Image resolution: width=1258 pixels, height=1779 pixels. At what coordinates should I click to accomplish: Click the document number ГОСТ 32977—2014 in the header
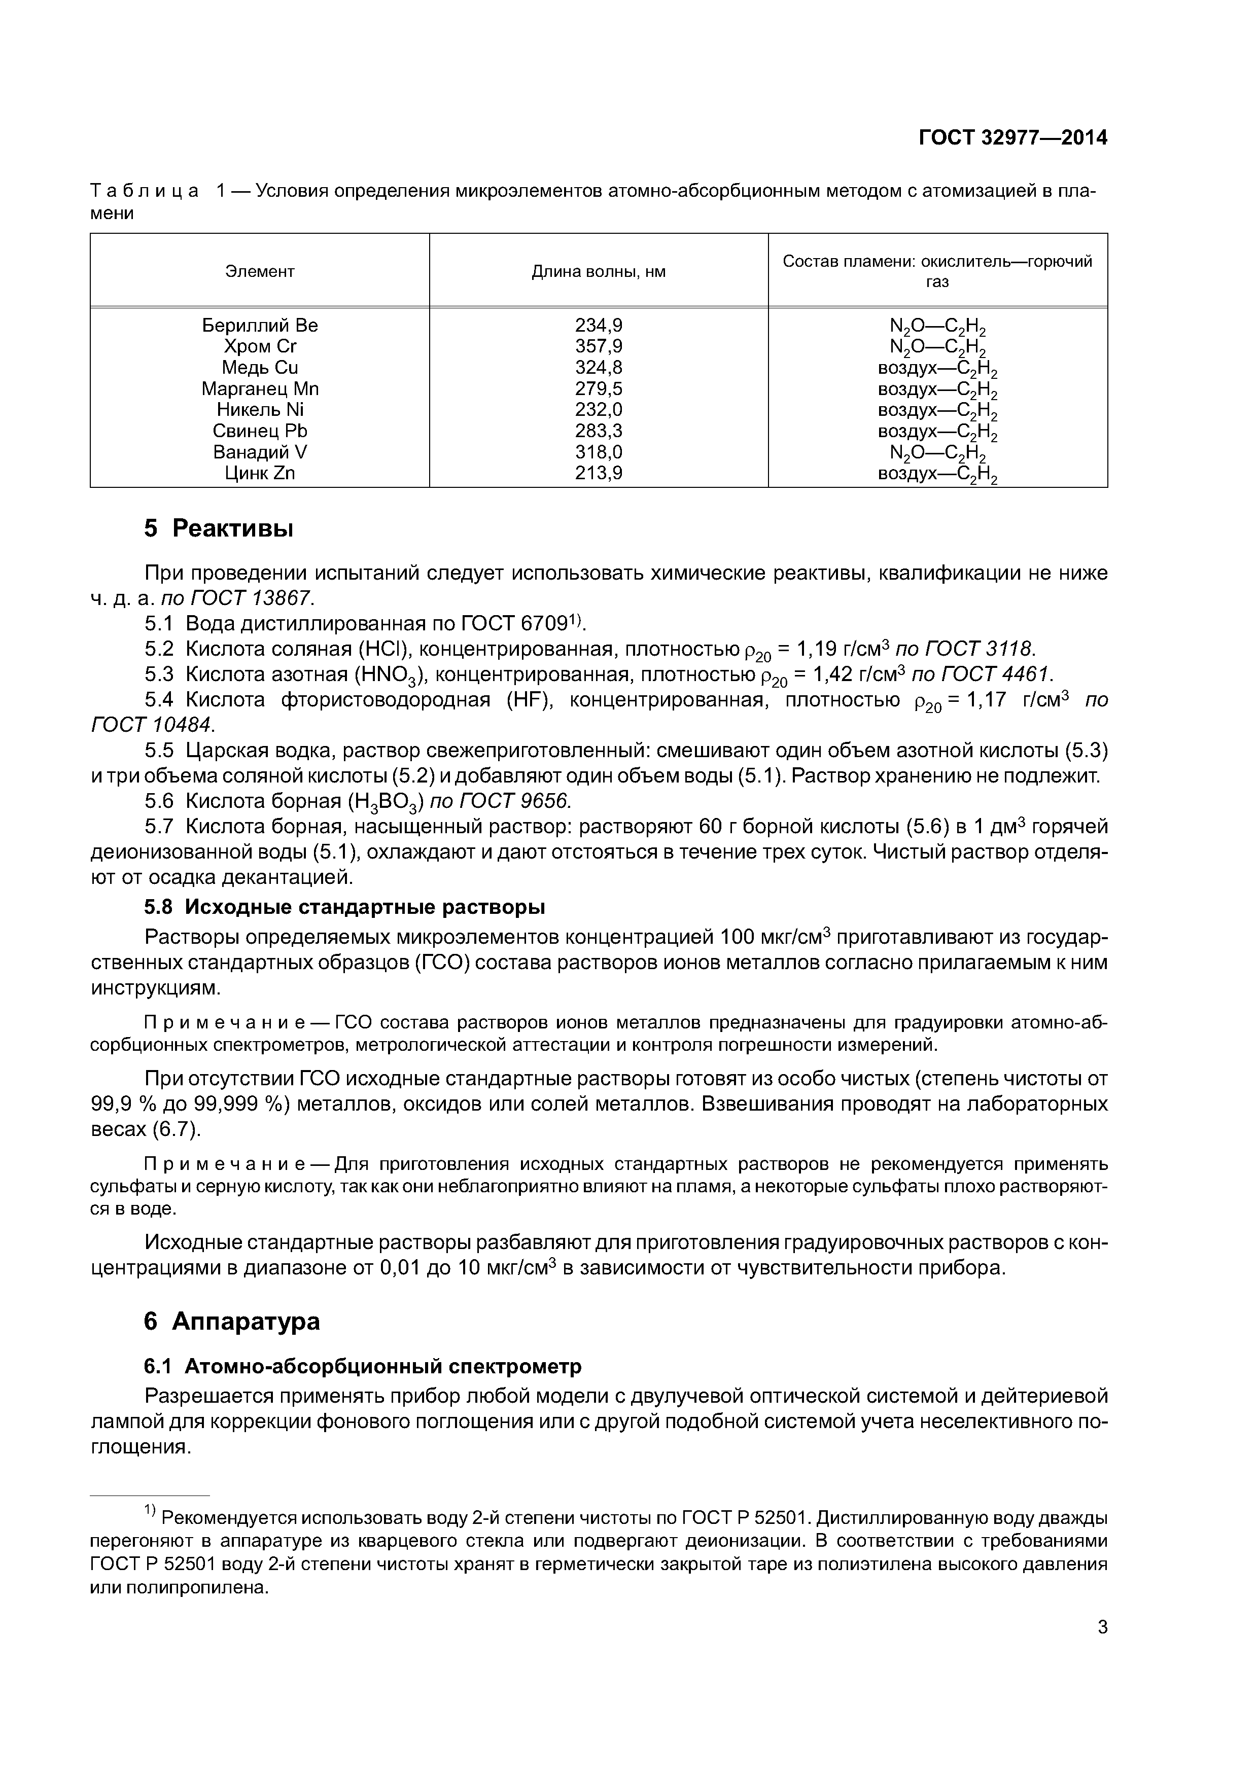(x=1012, y=138)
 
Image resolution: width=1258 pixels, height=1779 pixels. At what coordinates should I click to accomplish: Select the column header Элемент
(x=260, y=271)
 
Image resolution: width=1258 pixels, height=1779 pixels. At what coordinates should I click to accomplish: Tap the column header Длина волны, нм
(x=599, y=271)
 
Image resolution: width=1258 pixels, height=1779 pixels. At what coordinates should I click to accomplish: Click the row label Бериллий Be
(x=260, y=326)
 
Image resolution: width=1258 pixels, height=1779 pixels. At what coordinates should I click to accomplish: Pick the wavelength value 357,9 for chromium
(x=599, y=346)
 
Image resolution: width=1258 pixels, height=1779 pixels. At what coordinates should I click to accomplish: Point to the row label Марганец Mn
(x=260, y=389)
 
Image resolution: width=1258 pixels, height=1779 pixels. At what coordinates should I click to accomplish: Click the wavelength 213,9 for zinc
(x=599, y=474)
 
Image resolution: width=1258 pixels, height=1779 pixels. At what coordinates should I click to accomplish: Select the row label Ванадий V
(x=260, y=452)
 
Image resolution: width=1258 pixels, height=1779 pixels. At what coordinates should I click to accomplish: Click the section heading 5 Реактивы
(x=219, y=529)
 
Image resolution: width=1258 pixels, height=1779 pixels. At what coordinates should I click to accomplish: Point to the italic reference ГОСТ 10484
(x=151, y=725)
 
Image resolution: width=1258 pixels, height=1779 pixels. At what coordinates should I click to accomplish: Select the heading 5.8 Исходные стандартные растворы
(x=345, y=907)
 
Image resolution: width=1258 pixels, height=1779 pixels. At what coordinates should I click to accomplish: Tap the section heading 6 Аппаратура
(x=232, y=1321)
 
